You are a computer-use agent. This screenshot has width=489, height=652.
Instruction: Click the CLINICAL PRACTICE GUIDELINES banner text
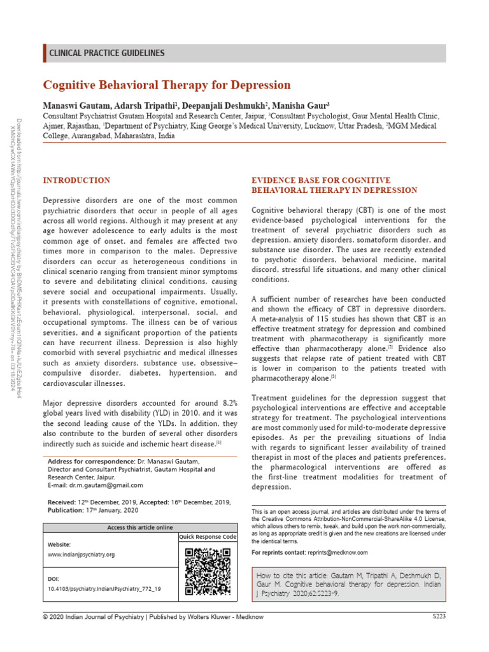coord(107,53)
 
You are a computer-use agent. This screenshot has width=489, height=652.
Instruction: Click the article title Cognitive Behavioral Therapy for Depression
coord(167,85)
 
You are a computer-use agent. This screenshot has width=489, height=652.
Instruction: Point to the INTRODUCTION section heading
coord(76,181)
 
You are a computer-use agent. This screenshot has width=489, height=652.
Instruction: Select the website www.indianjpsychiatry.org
coord(81,555)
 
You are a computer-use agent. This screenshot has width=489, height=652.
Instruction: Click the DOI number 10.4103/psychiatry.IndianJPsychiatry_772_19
coord(104,589)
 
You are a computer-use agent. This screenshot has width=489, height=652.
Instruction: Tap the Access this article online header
coord(139,528)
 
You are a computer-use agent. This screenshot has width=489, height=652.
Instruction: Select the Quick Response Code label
coord(208,537)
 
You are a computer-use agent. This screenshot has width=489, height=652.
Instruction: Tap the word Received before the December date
coord(62,502)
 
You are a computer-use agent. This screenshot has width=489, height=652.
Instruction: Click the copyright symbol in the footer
coord(45,617)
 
